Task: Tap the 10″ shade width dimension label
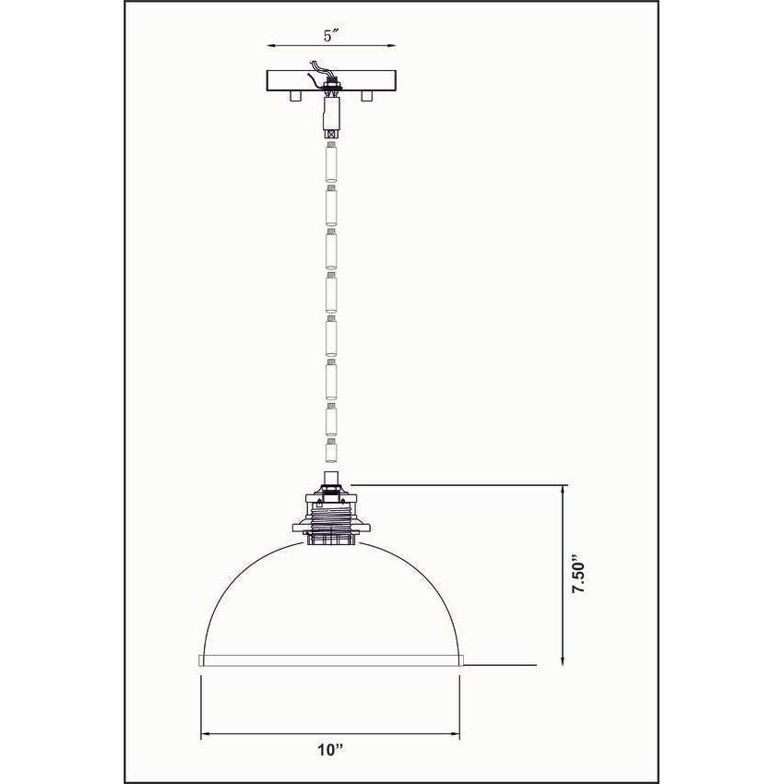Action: click(327, 749)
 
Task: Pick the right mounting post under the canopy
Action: click(368, 95)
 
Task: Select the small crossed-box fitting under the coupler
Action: click(329, 133)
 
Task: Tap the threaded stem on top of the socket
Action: click(329, 481)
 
